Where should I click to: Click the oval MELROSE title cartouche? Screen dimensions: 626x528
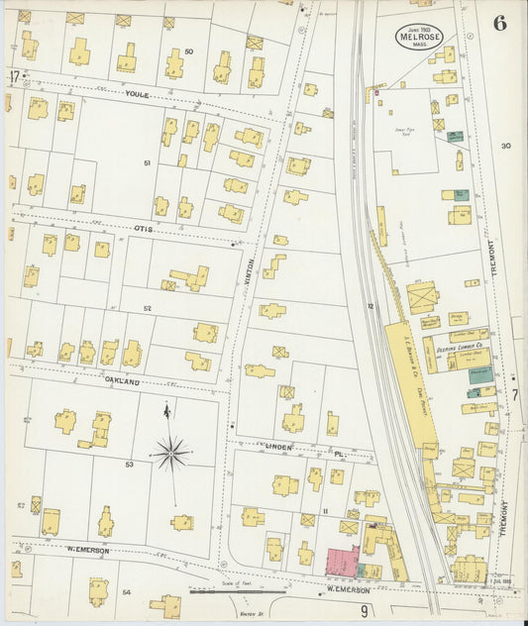pos(418,37)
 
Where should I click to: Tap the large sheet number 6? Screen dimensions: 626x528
pos(499,24)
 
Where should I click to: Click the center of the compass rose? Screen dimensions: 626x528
pos(171,454)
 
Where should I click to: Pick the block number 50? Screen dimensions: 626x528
pos(188,52)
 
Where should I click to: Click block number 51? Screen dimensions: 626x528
pos(147,162)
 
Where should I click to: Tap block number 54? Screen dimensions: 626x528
pos(126,591)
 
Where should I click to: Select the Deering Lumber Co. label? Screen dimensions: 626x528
pos(459,349)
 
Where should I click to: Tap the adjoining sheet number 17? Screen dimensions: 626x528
pos(13,76)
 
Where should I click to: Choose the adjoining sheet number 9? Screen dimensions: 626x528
pos(365,609)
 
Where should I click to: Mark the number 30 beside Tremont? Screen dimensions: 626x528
pos(505,146)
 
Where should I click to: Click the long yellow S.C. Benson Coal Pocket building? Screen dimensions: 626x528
pos(406,366)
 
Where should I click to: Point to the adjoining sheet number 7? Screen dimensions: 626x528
pos(514,394)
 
